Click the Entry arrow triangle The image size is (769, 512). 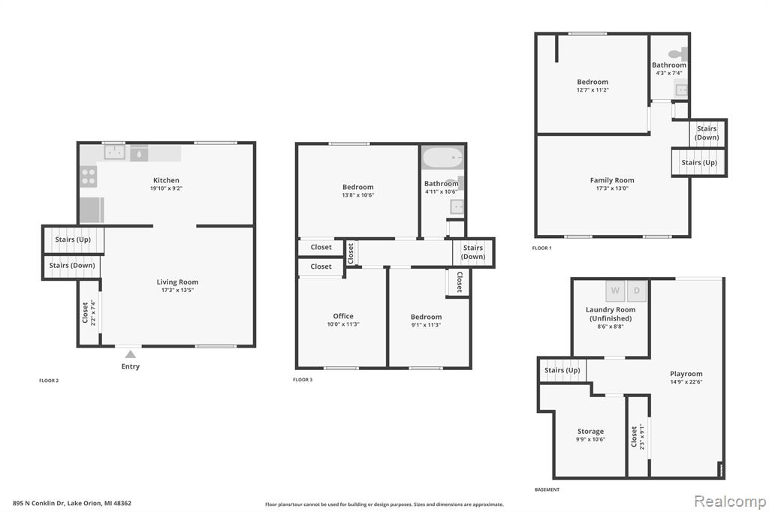tap(130, 354)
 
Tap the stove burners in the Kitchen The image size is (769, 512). tap(89, 176)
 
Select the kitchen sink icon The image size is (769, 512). tap(114, 152)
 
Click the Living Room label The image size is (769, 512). tap(177, 282)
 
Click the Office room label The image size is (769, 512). tap(343, 316)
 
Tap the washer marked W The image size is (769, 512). tap(615, 291)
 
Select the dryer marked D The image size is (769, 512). tap(637, 291)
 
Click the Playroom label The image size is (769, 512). tap(686, 374)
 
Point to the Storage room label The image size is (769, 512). tap(590, 432)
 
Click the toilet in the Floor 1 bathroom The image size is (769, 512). tap(678, 54)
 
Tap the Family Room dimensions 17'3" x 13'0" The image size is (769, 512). tap(612, 188)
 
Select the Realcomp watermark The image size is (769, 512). tap(730, 501)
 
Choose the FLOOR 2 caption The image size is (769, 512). tap(49, 381)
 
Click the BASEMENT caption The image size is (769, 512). tap(547, 489)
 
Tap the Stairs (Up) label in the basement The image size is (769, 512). tap(562, 370)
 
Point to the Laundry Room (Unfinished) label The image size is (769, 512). tap(611, 314)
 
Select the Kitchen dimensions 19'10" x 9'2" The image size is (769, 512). tap(166, 188)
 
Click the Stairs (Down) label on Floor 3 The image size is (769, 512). tap(473, 252)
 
